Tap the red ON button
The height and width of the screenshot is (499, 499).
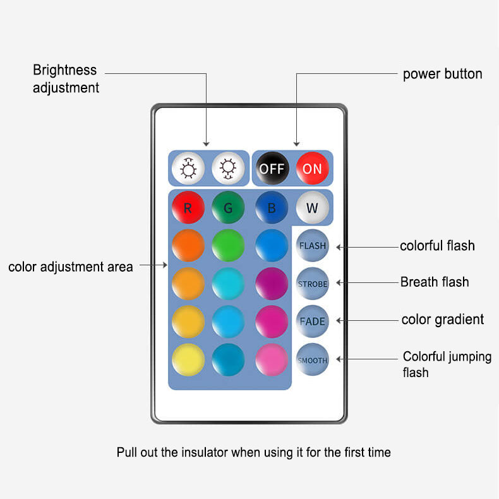coord(312,168)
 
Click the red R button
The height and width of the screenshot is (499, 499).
coord(188,207)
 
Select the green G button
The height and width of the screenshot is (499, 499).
coord(228,207)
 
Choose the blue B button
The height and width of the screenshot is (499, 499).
coord(272,207)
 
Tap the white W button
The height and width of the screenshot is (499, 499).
coord(312,207)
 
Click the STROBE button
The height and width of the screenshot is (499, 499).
coord(313,284)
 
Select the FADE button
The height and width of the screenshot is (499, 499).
coord(313,321)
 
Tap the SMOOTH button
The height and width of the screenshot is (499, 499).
coord(313,360)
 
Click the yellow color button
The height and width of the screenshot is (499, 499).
coord(188,360)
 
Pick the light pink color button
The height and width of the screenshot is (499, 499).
coord(272,360)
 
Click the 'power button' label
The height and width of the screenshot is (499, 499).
coord(442,74)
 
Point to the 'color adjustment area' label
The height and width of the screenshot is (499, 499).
coord(71,267)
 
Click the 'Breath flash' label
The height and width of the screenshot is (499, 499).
coord(435,282)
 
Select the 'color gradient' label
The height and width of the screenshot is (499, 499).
coord(443,320)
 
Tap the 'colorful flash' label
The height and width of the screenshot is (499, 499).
coord(437,246)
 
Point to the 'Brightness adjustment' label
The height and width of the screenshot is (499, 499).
coord(66,79)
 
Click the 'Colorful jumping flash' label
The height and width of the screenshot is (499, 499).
coord(447,364)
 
